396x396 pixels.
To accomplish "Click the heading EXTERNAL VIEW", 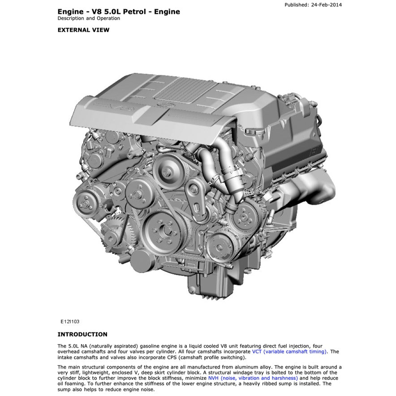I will [x=83, y=30].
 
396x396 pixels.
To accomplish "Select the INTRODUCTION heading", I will [x=82, y=334].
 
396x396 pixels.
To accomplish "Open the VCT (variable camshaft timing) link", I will [x=289, y=352].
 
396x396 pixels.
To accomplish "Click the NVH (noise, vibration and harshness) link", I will [x=253, y=378].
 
